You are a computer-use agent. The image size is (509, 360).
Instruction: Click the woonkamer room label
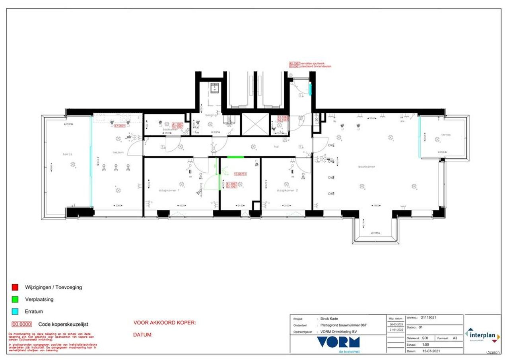(x=367, y=167)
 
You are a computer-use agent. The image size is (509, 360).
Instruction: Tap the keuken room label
(x=119, y=152)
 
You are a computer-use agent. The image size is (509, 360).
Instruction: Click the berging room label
(x=211, y=115)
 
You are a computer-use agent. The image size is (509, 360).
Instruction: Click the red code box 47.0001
(x=120, y=126)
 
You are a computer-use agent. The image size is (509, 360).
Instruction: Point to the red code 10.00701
(x=241, y=174)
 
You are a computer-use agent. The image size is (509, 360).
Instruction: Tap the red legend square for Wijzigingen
(x=15, y=287)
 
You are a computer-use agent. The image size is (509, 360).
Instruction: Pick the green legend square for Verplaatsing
(x=15, y=299)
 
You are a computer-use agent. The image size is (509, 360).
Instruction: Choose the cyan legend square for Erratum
(x=15, y=311)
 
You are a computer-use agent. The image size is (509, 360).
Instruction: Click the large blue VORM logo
(x=338, y=342)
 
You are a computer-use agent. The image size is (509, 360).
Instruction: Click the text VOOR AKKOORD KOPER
(x=165, y=323)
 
